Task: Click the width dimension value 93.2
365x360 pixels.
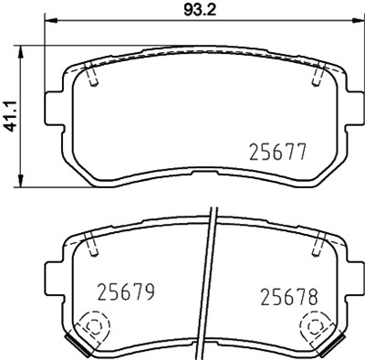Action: point(191,10)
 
